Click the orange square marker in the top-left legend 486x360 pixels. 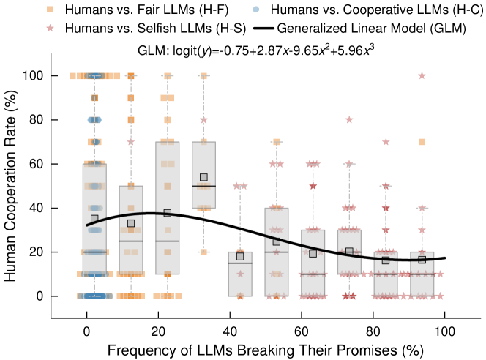click(x=50, y=10)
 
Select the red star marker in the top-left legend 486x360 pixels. click(x=50, y=29)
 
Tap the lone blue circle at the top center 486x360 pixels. click(x=255, y=10)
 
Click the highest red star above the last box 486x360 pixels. click(x=422, y=75)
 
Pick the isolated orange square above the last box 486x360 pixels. click(x=422, y=142)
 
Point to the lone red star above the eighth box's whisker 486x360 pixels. click(x=349, y=120)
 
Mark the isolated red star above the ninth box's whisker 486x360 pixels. click(x=386, y=142)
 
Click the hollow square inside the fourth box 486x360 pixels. click(x=203, y=177)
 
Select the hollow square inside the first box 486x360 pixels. click(x=94, y=218)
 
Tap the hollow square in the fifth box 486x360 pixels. click(x=240, y=256)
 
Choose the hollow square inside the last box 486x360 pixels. click(x=422, y=260)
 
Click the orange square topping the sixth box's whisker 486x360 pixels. click(x=276, y=142)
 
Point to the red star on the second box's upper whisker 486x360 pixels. click(x=131, y=142)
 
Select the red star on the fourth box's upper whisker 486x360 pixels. click(x=203, y=120)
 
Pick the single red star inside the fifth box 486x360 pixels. click(x=240, y=274)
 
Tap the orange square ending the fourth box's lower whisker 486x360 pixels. click(x=203, y=252)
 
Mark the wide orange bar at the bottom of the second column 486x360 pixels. click(x=131, y=296)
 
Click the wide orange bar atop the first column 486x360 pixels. click(x=94, y=76)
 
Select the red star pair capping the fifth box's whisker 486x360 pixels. click(x=240, y=186)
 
